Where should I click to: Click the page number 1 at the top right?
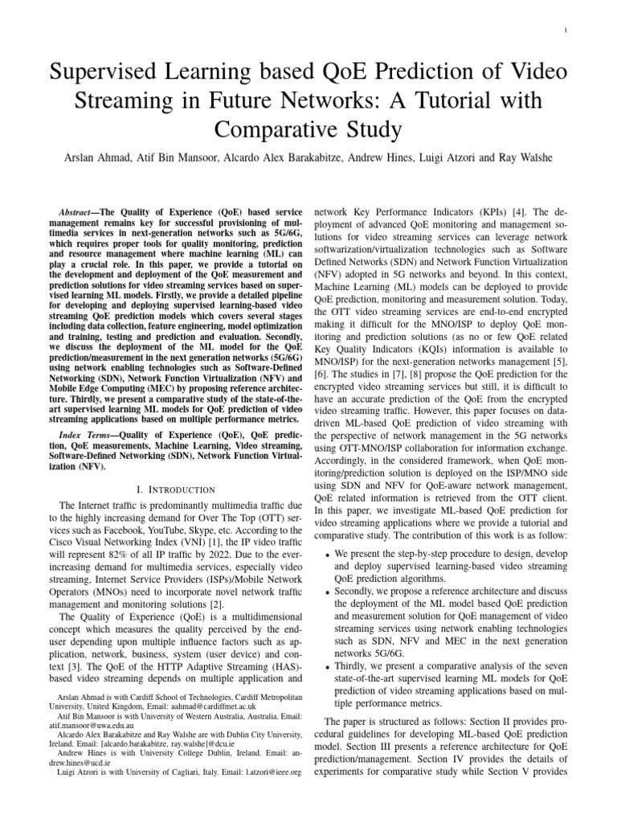pos(566,31)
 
